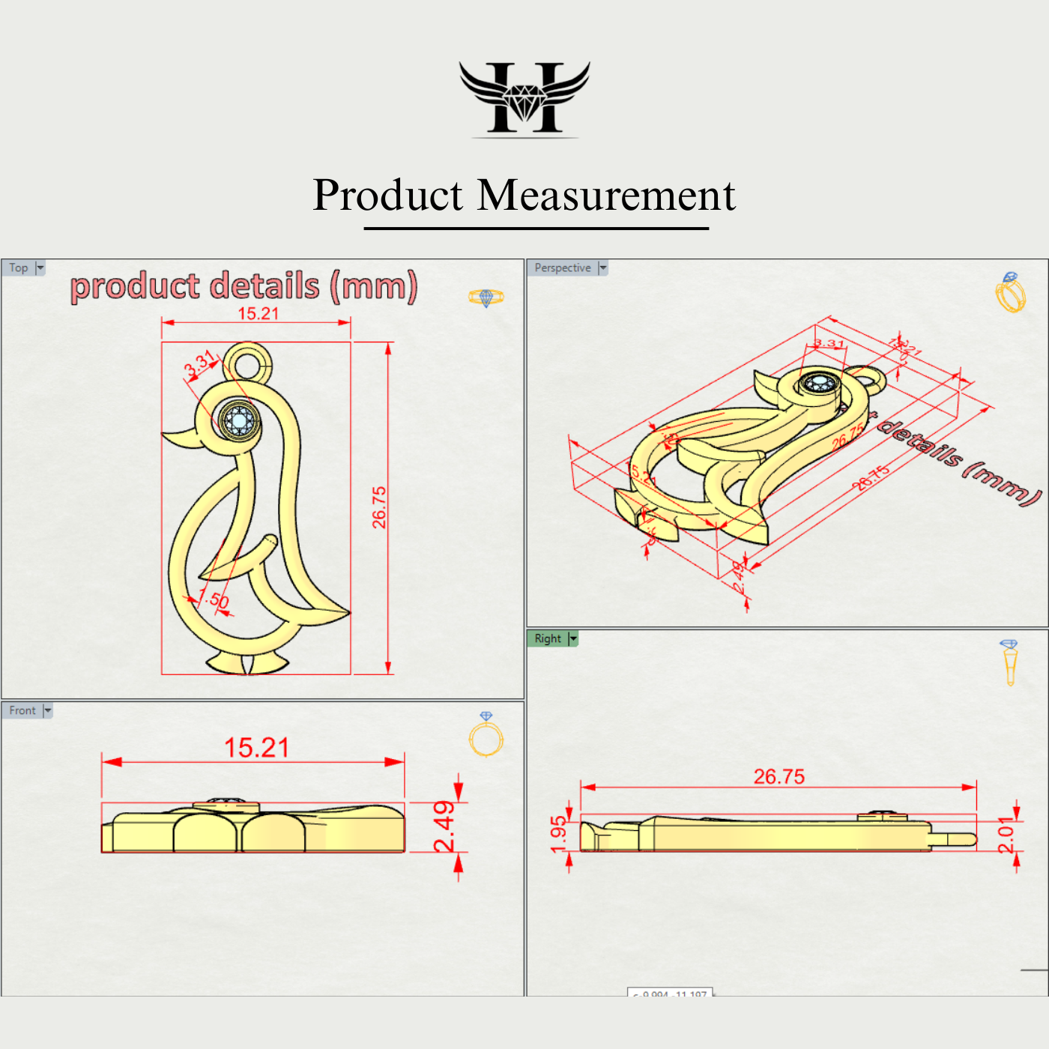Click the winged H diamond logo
524,97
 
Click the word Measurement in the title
606,196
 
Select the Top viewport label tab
19,267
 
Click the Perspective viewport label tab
563,267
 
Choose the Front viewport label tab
22,710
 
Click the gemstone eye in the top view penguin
240,421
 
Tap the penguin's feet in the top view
248,663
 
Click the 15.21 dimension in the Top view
258,314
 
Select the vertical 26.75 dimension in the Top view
380,507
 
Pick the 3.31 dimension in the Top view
199,363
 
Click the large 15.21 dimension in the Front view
256,747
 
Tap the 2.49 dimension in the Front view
444,826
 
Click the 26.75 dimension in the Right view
779,776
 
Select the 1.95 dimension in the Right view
558,834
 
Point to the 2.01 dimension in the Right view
1006,835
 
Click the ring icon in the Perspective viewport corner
1010,293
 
